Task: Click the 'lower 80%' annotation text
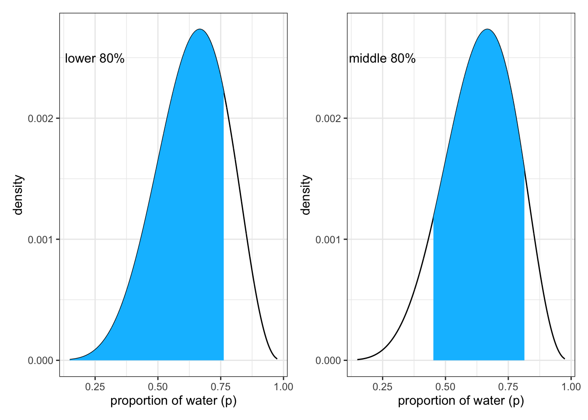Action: click(x=94, y=59)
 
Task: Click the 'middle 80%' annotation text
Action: click(x=382, y=59)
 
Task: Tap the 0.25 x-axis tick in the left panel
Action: click(x=95, y=387)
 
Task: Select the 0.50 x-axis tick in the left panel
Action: click(x=158, y=387)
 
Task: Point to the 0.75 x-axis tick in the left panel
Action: click(x=220, y=387)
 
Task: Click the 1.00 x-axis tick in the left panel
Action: click(x=283, y=387)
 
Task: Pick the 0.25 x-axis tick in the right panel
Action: click(x=382, y=387)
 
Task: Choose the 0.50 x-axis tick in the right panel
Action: click(x=445, y=387)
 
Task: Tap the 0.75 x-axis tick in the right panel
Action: click(x=508, y=387)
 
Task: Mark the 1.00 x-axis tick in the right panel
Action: click(x=571, y=387)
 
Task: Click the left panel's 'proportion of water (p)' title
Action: click(x=173, y=401)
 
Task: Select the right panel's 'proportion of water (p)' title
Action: click(x=461, y=401)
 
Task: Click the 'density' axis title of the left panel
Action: click(x=18, y=195)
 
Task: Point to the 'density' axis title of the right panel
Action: click(x=305, y=195)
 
